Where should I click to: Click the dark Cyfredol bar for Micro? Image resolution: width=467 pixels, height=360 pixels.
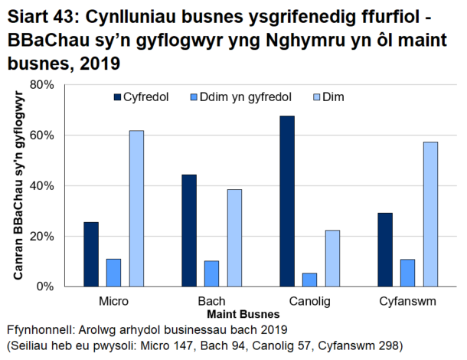pyautogui.click(x=91, y=254)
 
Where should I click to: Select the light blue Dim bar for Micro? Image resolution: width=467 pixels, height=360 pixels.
pyautogui.click(x=136, y=208)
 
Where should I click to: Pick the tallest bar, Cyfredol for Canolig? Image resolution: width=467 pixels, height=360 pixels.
pyautogui.click(x=287, y=201)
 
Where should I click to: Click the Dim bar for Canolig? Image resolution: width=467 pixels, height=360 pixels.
pyautogui.click(x=331, y=258)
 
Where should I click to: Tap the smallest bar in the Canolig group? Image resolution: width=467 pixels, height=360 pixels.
pyautogui.click(x=309, y=280)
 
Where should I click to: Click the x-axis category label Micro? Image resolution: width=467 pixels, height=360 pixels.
pyautogui.click(x=113, y=300)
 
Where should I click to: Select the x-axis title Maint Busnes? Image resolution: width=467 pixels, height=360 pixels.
pyautogui.click(x=243, y=313)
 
